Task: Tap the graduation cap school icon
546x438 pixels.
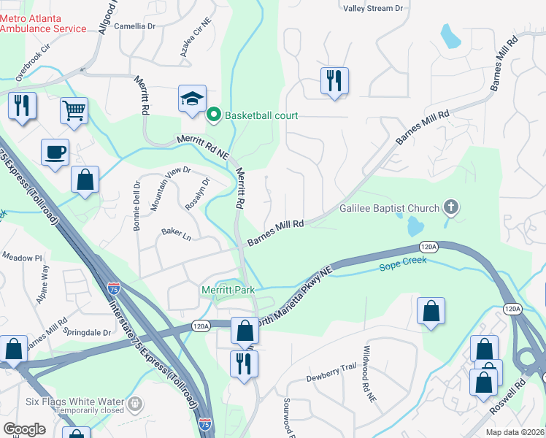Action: coord(191,100)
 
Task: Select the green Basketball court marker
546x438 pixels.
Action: coord(214,115)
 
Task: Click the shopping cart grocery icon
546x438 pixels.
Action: coord(74,111)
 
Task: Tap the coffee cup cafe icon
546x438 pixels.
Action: coord(55,153)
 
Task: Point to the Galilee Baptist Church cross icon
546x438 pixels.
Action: coord(451,208)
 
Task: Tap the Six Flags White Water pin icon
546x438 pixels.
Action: coord(134,402)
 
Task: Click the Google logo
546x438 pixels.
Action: coord(26,429)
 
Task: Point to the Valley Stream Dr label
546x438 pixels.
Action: coord(373,8)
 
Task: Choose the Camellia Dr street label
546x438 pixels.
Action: coord(135,26)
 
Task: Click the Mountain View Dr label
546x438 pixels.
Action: coord(170,189)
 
